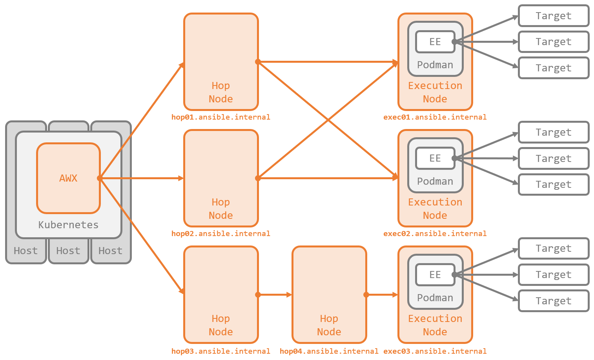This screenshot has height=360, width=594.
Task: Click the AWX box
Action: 68,178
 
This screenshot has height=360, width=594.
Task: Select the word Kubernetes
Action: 68,225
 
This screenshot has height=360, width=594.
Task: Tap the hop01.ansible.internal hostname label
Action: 220,117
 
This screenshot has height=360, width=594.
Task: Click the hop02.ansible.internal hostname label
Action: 220,233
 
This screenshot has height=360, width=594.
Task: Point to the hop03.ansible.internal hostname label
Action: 220,351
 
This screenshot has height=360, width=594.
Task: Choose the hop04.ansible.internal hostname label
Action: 329,351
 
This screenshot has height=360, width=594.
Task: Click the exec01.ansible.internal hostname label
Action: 435,117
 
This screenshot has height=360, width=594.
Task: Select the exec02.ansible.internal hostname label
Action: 435,233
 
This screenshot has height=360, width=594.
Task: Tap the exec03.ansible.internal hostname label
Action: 435,351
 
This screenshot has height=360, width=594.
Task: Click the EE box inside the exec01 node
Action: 435,42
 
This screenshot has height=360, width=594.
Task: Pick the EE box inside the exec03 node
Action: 435,275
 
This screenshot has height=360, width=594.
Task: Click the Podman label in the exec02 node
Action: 435,181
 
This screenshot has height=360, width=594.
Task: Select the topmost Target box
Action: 553,16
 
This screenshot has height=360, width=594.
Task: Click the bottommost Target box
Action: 553,301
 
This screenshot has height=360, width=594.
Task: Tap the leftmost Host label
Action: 26,251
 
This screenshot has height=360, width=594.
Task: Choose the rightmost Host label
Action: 110,251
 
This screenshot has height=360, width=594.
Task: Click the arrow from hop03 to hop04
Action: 275,295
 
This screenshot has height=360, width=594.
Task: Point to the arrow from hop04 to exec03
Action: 382,295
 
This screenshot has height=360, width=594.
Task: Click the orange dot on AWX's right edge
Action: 100,178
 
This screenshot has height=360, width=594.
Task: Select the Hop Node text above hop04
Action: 329,325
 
